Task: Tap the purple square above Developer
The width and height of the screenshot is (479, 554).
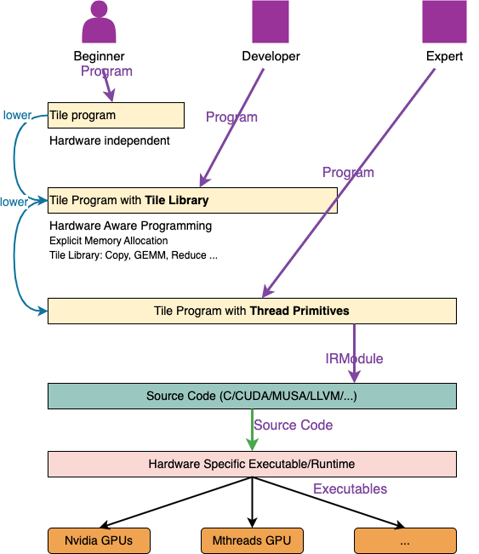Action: tap(271, 22)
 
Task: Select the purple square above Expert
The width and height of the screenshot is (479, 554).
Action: tap(444, 22)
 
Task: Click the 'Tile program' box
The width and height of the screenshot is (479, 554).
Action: tap(116, 115)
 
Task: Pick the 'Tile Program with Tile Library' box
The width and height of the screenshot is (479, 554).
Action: tap(192, 200)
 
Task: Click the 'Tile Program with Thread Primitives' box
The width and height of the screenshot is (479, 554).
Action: tap(252, 311)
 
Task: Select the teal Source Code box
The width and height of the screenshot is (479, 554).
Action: tap(252, 396)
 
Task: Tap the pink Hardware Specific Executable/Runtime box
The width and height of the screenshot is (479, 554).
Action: tap(252, 464)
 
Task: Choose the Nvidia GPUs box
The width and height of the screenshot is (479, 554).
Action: tap(99, 540)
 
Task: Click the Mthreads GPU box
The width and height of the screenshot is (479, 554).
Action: tap(252, 540)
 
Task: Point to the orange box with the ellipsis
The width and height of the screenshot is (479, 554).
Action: tap(405, 540)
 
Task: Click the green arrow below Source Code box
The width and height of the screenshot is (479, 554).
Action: tap(252, 430)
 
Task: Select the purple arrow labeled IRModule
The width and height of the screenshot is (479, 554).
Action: tap(354, 354)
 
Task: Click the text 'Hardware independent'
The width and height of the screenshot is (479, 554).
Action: tap(109, 141)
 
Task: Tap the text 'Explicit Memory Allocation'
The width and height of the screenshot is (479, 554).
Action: tap(108, 241)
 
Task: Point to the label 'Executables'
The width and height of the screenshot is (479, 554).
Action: tap(350, 489)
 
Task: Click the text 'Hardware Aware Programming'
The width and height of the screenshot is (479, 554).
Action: tap(131, 226)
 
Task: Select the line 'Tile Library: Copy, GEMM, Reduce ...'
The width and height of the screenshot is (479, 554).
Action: tap(133, 255)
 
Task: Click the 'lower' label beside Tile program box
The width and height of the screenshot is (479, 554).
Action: tap(17, 115)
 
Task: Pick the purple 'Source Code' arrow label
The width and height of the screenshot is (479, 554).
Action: tap(293, 425)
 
